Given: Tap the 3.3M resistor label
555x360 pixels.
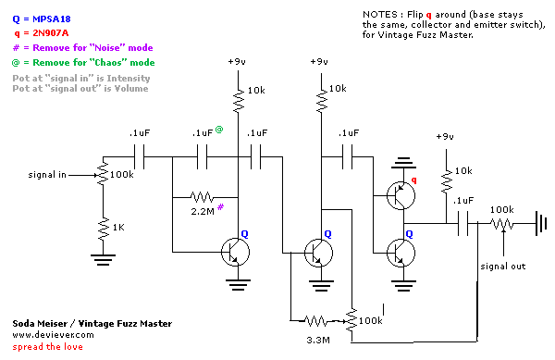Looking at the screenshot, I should point(316,340).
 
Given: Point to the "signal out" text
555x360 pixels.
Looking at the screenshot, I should point(502,266).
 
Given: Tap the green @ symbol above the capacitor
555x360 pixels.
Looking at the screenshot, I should point(219,130).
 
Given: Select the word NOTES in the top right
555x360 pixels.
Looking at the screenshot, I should point(379,16).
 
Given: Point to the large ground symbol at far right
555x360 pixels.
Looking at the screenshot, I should point(538,223).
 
